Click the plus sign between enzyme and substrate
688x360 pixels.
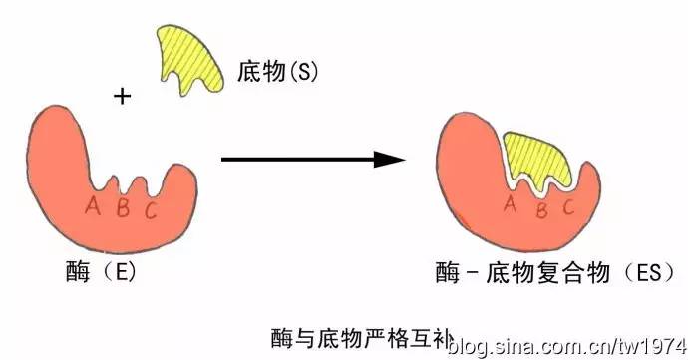[x=123, y=97]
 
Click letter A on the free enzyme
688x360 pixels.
[x=93, y=206]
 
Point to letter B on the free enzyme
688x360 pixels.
[x=121, y=209]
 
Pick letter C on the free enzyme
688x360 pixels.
[x=150, y=209]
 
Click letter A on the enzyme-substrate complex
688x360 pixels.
[x=509, y=205]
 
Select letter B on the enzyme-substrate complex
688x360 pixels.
[x=540, y=210]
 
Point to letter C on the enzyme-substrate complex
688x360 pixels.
[x=568, y=208]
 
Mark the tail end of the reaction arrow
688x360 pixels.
[x=224, y=159]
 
